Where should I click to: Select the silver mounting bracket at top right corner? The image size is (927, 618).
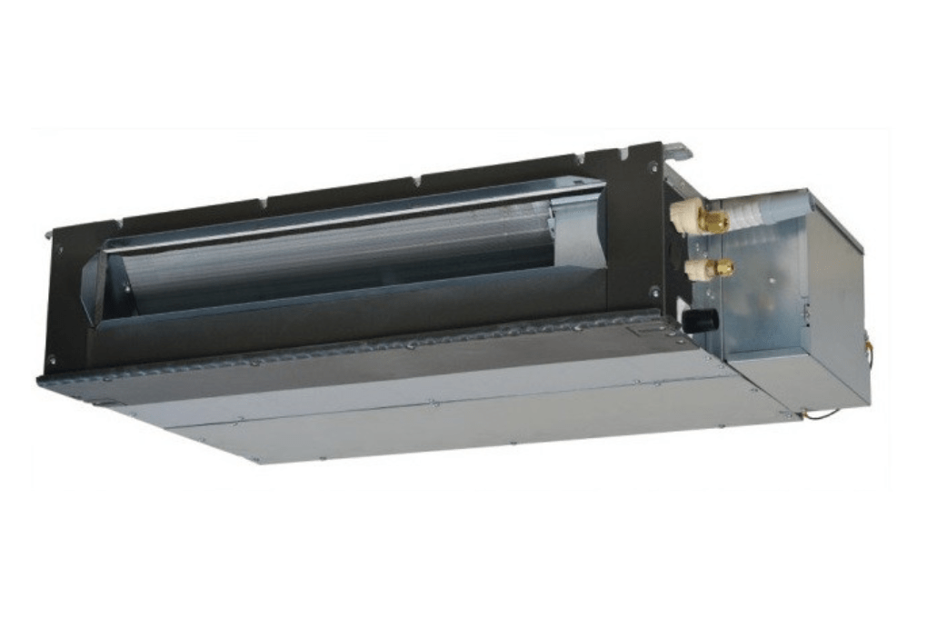point(676,150)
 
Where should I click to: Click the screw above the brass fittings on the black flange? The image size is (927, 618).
point(653,167)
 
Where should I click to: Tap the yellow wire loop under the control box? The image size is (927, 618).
point(823,414)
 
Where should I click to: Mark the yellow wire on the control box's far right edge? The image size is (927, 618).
point(869,351)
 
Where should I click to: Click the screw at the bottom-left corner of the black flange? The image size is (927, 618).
point(51,361)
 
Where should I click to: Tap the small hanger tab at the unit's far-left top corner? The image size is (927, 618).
point(47,234)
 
